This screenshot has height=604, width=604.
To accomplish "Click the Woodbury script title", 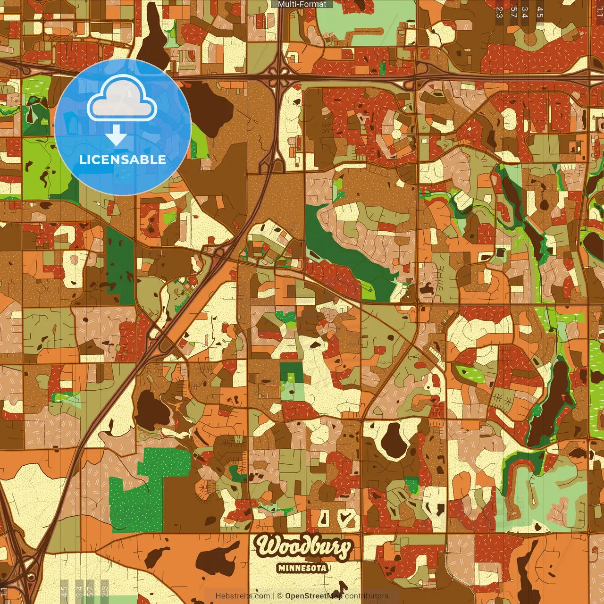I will [303, 546].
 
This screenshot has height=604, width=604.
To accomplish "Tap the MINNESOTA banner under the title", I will [302, 568].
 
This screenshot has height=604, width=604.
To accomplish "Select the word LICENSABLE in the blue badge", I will [123, 159].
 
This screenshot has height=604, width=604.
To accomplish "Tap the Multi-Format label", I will [302, 4].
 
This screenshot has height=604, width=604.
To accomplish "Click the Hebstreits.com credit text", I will [243, 596].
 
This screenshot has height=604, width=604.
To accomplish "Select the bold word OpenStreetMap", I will [314, 596].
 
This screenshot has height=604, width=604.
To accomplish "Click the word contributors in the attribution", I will [367, 596].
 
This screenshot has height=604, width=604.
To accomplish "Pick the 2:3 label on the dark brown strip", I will [499, 12].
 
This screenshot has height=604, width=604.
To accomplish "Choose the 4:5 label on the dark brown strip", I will [540, 12].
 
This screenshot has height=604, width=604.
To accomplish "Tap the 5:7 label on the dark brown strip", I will [513, 12].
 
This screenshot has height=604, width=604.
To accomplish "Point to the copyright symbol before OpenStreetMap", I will [280, 596].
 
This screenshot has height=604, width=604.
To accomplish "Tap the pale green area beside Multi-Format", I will [359, 24].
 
